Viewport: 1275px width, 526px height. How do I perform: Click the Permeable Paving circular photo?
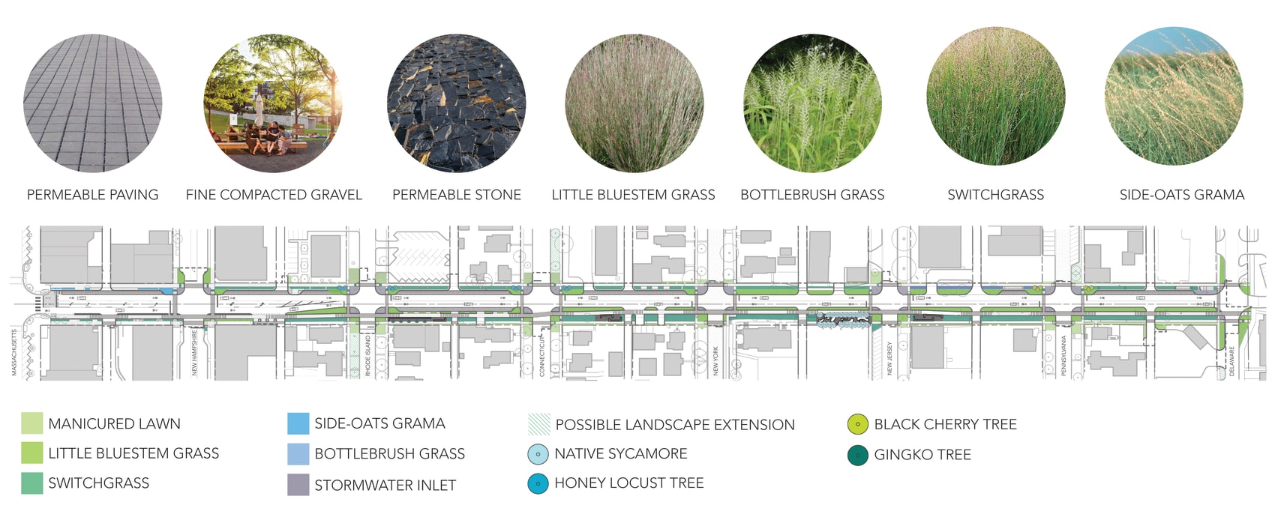(93, 103)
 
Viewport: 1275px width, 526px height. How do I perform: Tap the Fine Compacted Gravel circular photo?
(273, 103)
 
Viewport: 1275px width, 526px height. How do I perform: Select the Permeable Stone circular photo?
(456, 103)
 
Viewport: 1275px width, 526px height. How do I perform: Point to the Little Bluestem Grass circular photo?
(634, 103)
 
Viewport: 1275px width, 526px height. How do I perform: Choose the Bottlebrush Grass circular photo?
(812, 103)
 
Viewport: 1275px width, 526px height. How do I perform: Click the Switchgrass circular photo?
(995, 97)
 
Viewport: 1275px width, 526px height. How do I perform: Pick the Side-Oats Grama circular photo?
(1174, 97)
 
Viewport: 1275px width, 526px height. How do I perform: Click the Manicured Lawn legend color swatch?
(32, 423)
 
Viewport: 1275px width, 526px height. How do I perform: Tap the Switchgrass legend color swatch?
(32, 483)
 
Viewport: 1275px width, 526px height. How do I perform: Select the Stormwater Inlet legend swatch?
(298, 485)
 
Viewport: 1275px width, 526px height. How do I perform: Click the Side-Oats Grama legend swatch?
(298, 423)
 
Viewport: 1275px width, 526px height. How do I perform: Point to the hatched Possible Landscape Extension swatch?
(539, 424)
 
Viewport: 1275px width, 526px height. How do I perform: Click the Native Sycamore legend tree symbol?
(538, 454)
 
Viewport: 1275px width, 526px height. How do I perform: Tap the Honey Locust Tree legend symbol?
(538, 483)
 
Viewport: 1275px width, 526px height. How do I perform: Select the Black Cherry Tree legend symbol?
(858, 424)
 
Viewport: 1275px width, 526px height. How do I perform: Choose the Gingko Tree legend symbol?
(858, 455)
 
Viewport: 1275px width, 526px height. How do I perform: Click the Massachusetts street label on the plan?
(14, 352)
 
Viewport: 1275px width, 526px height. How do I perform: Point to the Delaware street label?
(1231, 360)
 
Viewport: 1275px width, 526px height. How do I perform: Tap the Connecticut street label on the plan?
(542, 356)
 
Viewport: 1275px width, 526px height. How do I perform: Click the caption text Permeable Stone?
(457, 195)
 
